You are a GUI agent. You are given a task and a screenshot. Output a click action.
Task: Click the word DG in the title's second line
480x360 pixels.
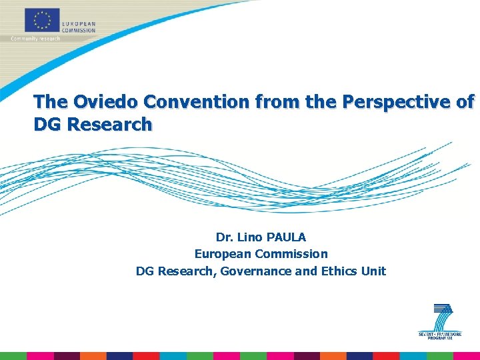coord(47,124)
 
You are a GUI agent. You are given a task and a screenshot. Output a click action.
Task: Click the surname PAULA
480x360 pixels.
coord(287,237)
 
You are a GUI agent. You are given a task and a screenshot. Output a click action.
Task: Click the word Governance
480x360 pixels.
coord(257,271)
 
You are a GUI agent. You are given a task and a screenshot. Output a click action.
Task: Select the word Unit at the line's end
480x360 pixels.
coord(373,271)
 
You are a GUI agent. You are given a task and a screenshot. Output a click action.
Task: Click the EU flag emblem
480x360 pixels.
coord(42,20)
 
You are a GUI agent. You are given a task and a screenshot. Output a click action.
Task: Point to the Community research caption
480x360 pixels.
coord(35,39)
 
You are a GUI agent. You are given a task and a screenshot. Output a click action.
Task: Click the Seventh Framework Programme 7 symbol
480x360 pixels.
coord(441,317)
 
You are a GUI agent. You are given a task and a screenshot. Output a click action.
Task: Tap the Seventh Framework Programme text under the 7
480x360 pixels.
coord(440,335)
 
